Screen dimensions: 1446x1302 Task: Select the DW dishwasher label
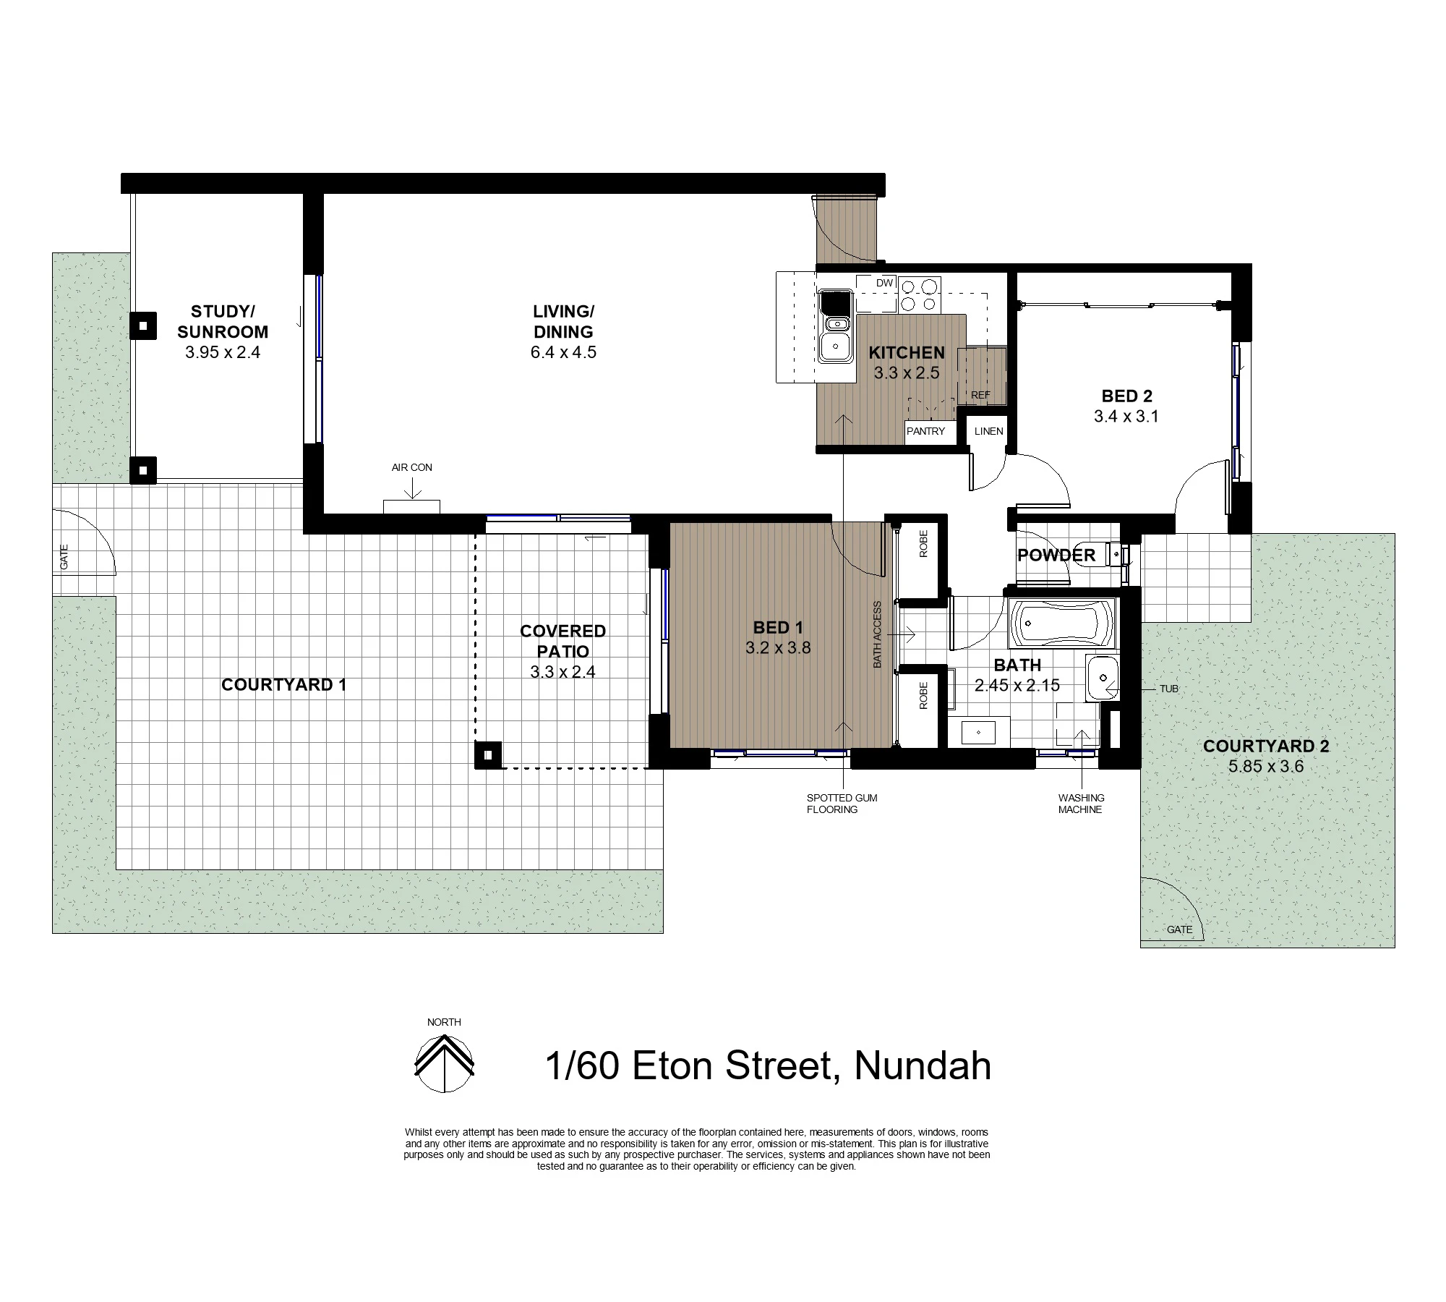tap(884, 284)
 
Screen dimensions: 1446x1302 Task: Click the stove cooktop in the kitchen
tap(920, 294)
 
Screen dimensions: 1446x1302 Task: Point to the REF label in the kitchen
tap(980, 396)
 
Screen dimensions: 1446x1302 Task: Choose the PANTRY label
tap(925, 431)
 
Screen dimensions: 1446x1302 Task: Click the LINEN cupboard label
tap(988, 431)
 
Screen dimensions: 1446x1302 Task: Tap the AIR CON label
tap(412, 467)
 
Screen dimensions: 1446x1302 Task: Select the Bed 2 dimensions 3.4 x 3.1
tap(1126, 416)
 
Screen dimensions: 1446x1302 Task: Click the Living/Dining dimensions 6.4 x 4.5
tap(563, 352)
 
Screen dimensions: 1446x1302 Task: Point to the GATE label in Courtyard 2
tap(1179, 929)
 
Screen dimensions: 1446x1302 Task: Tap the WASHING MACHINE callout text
tap(1081, 804)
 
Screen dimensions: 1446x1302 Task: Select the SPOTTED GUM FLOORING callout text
tap(842, 804)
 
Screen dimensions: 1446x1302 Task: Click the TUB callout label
tap(1168, 689)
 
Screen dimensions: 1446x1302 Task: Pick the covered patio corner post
tap(488, 755)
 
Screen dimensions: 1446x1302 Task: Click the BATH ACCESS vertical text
tap(878, 634)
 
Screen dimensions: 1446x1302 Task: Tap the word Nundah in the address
tap(923, 1066)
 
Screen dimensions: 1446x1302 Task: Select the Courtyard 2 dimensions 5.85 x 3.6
tap(1265, 766)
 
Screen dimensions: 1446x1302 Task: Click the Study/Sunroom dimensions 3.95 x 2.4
tap(223, 352)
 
